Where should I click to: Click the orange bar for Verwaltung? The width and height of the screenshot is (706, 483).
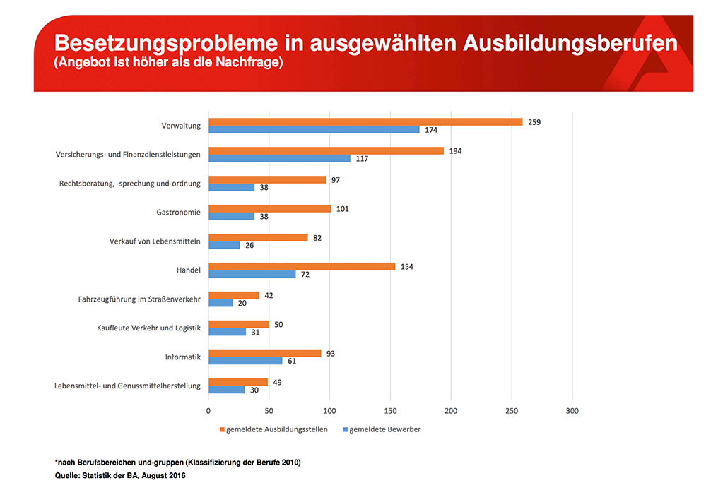pyautogui.click(x=365, y=122)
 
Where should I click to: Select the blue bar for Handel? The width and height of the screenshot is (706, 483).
pyautogui.click(x=252, y=274)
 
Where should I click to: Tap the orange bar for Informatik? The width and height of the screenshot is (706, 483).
pyautogui.click(x=265, y=353)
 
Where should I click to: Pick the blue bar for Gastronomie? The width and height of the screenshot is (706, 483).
pyautogui.click(x=232, y=216)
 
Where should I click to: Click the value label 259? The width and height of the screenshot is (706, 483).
pyautogui.click(x=534, y=122)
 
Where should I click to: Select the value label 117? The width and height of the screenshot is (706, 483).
pyautogui.click(x=362, y=159)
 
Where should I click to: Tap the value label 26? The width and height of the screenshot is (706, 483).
pyautogui.click(x=249, y=245)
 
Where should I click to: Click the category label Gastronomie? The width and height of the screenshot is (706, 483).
pyautogui.click(x=178, y=212)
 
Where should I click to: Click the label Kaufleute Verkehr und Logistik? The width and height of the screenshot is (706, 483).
pyautogui.click(x=149, y=328)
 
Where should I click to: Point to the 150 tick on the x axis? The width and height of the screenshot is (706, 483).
pyautogui.click(x=391, y=410)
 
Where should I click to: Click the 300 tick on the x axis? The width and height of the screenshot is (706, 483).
pyautogui.click(x=572, y=410)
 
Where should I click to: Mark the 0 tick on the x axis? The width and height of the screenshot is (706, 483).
pyautogui.click(x=208, y=410)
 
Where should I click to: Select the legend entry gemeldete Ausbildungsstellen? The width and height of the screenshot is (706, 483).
pyautogui.click(x=276, y=429)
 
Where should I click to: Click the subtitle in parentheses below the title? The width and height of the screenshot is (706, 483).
pyautogui.click(x=168, y=64)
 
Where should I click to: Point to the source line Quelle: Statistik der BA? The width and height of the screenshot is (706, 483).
pyautogui.click(x=120, y=475)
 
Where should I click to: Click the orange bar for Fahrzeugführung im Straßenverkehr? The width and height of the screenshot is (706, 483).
pyautogui.click(x=234, y=295)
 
